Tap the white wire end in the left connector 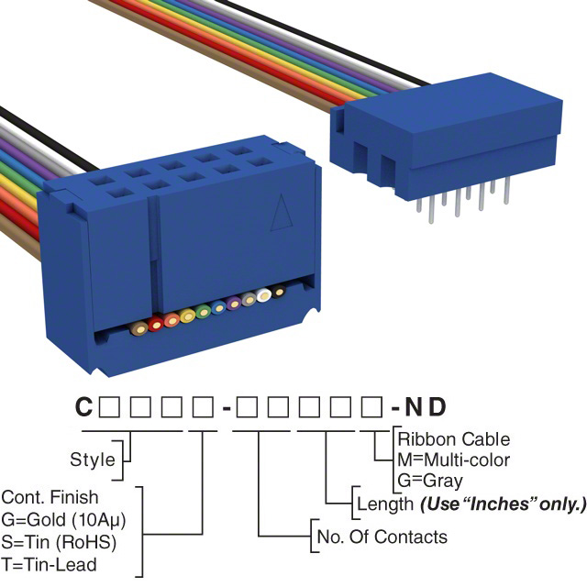pos(264,296)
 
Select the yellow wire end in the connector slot pos(188,316)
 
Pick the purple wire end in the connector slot pos(234,304)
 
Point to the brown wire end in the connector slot pos(138,328)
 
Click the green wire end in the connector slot pos(203,312)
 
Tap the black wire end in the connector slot pos(280,292)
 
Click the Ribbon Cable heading pos(453,439)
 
